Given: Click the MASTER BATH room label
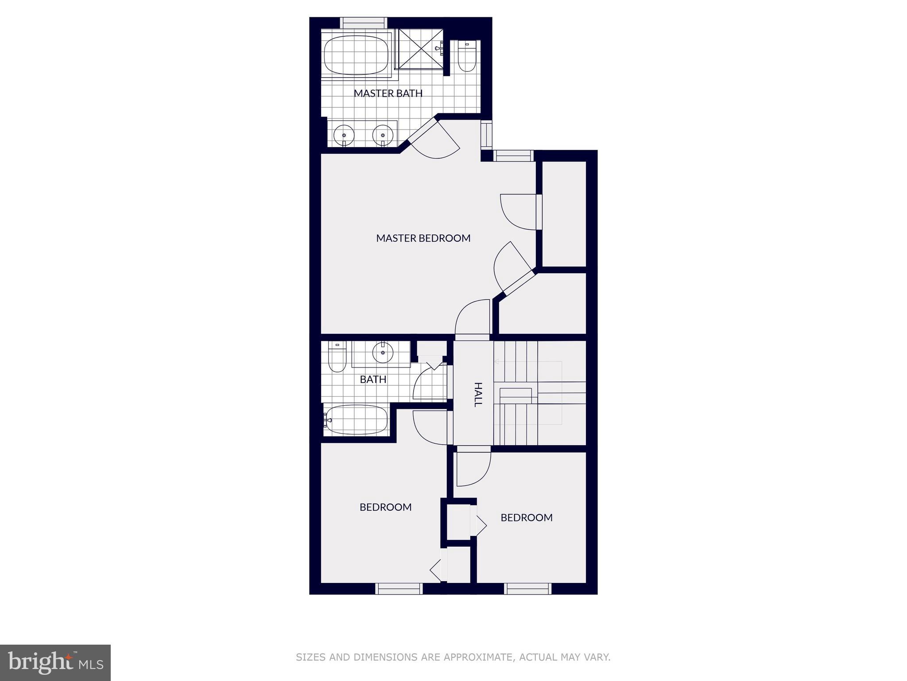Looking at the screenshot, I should [x=388, y=93].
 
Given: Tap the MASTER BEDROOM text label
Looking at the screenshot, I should [x=423, y=238].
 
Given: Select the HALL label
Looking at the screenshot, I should [x=477, y=394].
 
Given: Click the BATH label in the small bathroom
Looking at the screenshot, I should [x=373, y=380].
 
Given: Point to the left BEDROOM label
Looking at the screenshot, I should [x=385, y=507].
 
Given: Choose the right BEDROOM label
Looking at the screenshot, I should [x=526, y=517].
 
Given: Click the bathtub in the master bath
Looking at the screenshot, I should [x=356, y=55].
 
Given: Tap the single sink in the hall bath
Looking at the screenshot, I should [x=383, y=353].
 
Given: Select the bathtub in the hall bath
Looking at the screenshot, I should [x=356, y=420].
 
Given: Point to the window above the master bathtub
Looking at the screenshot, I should [x=363, y=22].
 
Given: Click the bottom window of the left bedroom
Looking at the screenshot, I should [x=399, y=588].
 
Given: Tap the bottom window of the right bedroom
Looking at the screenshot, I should [x=527, y=588].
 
